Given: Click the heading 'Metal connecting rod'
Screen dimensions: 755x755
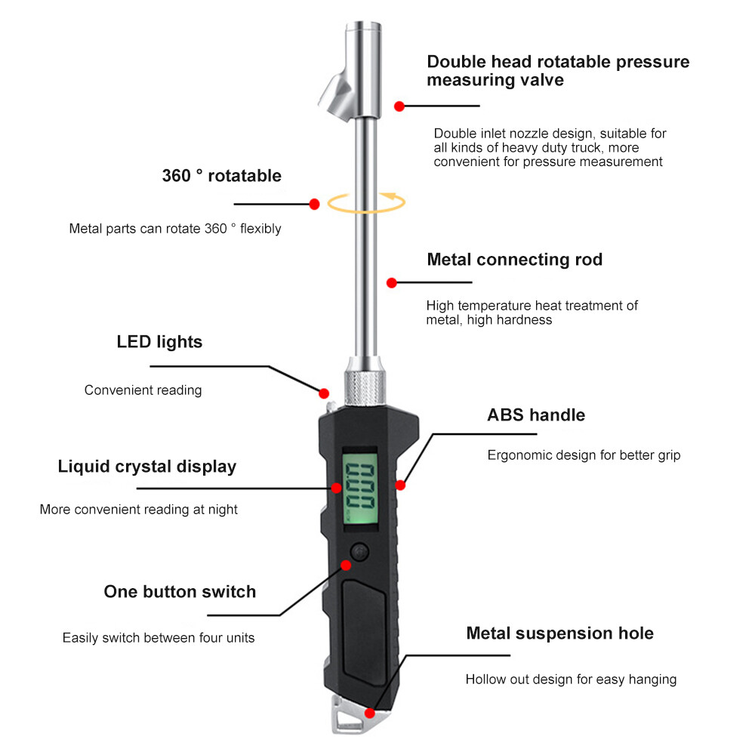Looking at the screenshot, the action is (514, 260).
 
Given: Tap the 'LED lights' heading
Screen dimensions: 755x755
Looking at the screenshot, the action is (159, 342).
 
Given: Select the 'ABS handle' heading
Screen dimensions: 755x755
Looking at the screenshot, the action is (536, 415).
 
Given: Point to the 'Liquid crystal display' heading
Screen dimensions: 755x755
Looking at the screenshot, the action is (147, 467).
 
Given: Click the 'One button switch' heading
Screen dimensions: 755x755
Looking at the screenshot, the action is (180, 592).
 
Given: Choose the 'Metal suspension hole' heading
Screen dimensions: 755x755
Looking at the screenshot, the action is (560, 633).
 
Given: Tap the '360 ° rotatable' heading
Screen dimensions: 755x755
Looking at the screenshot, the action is (221, 176).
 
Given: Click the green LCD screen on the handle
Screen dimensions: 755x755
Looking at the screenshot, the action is (360, 487).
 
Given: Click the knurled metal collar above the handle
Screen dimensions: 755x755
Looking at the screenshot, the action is (365, 387).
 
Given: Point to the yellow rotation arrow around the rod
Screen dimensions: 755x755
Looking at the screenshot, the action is (366, 202).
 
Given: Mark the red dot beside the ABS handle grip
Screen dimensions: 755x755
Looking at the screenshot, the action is (400, 485).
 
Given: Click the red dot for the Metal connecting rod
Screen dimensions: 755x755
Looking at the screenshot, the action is (391, 282).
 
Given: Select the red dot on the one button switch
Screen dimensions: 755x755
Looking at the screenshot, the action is (346, 565).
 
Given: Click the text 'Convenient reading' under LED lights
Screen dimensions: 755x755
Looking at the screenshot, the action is (143, 390).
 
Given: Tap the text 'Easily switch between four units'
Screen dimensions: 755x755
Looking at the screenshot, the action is (159, 638).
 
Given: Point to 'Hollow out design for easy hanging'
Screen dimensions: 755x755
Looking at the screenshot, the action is (571, 679).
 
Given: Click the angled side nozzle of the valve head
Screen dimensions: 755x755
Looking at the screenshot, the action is (337, 95).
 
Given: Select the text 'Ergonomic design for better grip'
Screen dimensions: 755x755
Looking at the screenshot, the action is (584, 455).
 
